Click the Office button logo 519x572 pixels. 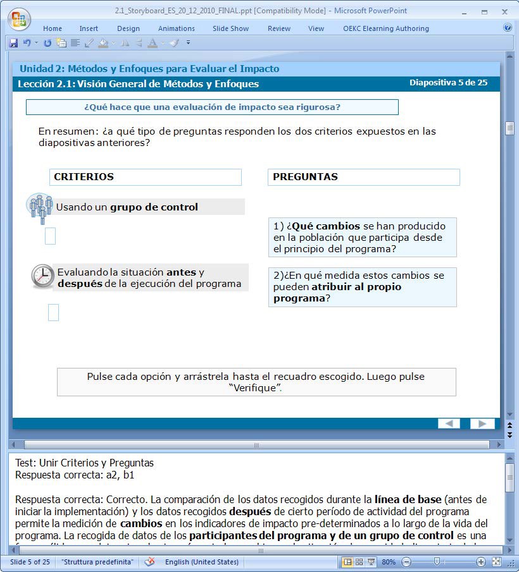point(19,18)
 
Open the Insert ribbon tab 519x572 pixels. point(89,28)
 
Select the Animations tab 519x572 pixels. point(177,28)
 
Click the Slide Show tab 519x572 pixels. point(230,28)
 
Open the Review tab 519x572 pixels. point(279,28)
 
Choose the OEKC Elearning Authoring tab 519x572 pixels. point(385,28)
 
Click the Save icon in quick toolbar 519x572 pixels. point(13,43)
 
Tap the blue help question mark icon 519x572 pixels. point(507,28)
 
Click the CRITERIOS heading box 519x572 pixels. point(146,177)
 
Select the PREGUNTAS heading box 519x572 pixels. point(363,177)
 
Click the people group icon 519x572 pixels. point(41,207)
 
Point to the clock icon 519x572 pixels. point(42,276)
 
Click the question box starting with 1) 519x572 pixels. point(362,238)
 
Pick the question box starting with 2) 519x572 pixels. point(362,287)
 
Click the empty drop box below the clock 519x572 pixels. point(53,312)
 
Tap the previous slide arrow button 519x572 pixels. point(449,423)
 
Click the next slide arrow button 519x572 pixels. point(482,423)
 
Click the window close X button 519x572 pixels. point(504,11)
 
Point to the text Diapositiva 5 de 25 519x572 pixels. point(448,83)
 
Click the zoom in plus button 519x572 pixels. point(481,562)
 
